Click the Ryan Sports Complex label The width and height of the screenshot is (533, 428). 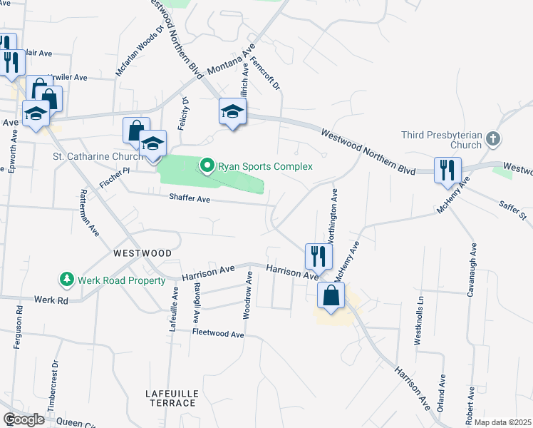coord(265,167)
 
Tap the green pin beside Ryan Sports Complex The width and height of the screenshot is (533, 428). coord(207,167)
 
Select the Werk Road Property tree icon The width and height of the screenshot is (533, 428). coord(66,279)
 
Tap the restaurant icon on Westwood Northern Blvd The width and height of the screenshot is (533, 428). coord(447,170)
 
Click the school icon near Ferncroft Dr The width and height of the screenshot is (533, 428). coord(232,112)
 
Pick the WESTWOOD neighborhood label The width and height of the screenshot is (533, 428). coord(143,253)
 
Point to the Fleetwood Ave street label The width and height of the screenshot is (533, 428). coord(217,334)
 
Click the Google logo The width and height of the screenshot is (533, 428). coord(24,419)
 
